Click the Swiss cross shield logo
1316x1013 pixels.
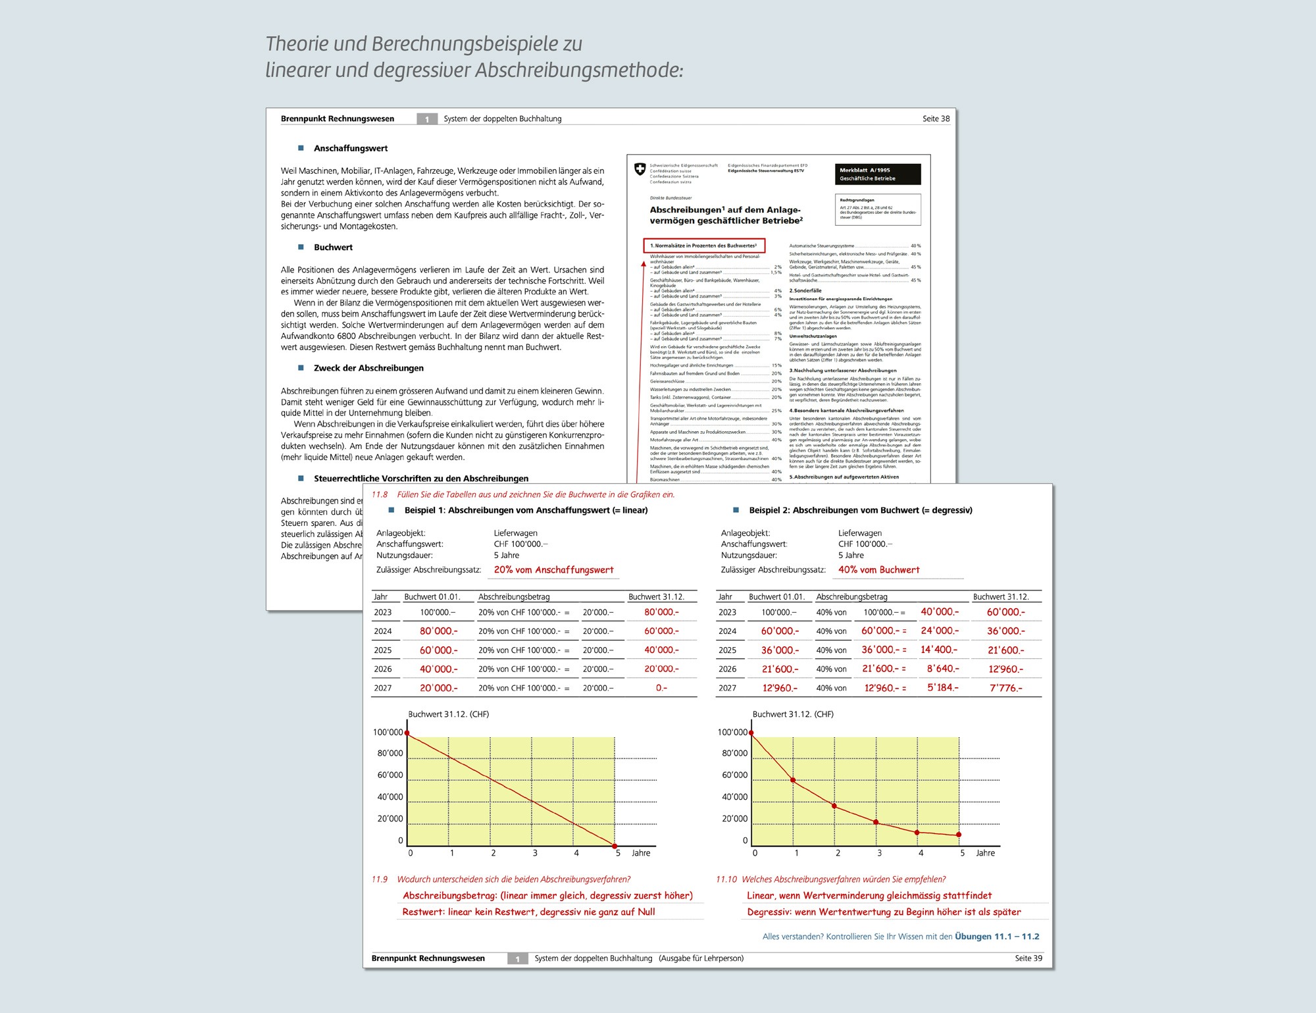click(x=640, y=169)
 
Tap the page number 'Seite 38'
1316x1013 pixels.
click(x=936, y=118)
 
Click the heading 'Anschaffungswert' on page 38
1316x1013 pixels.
click(x=351, y=148)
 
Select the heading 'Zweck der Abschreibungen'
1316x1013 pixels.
click(x=368, y=368)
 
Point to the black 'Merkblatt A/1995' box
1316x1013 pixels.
click(x=878, y=174)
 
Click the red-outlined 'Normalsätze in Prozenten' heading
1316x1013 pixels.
click(x=703, y=246)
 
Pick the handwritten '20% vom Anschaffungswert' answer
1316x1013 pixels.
click(x=553, y=570)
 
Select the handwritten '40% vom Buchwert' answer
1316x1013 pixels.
click(x=878, y=570)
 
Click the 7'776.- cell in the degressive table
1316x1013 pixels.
click(x=1006, y=688)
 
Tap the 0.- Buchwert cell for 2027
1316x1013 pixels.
click(x=661, y=688)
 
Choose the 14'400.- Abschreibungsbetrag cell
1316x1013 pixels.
click(x=939, y=650)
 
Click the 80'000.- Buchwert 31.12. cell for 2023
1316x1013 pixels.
click(x=661, y=612)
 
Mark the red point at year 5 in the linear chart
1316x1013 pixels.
click(x=615, y=846)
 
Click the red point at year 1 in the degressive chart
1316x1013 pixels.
click(x=793, y=781)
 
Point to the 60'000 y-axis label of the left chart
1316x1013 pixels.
click(x=390, y=775)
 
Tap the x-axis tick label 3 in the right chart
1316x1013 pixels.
click(x=879, y=853)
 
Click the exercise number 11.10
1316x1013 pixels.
click(x=726, y=879)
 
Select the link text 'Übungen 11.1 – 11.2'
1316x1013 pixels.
click(x=997, y=937)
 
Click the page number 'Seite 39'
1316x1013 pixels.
click(x=1028, y=958)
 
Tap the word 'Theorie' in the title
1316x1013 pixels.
click(x=297, y=44)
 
